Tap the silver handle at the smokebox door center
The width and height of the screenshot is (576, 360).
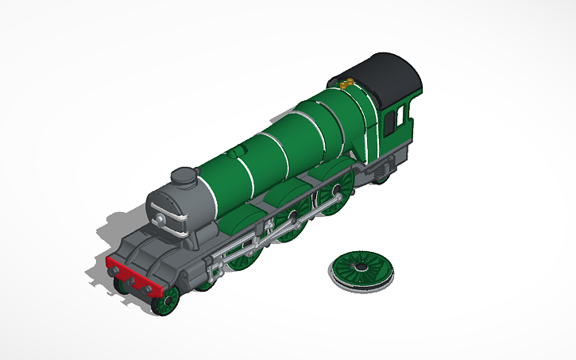[161, 218]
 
